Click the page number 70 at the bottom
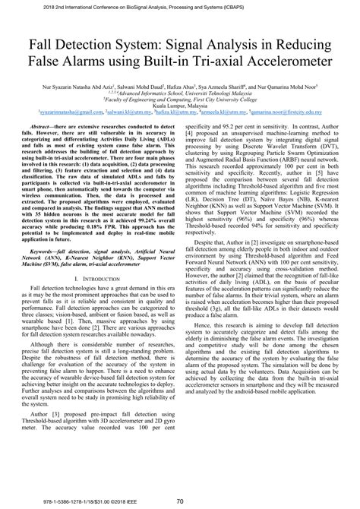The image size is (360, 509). pyautogui.click(x=179, y=501)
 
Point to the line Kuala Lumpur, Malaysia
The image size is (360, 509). pyautogui.click(x=179, y=104)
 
